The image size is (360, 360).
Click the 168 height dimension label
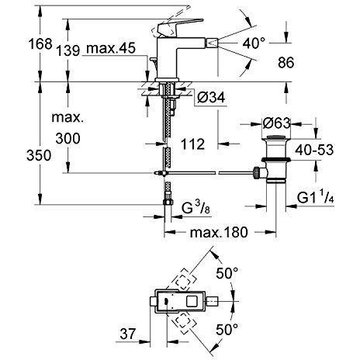click(40, 44)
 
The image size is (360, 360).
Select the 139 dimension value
click(68, 50)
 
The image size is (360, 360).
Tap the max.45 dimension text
click(111, 48)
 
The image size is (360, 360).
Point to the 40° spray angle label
click(254, 43)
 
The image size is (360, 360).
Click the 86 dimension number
click(286, 63)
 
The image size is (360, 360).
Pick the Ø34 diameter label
click(211, 98)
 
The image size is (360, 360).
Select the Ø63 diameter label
click(276, 123)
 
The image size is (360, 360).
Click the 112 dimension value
click(192, 144)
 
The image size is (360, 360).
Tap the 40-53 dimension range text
click(314, 150)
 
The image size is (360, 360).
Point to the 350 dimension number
click(39, 156)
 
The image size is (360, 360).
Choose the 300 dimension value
click(68, 139)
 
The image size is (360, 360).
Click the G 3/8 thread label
click(196, 207)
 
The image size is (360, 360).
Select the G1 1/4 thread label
click(316, 198)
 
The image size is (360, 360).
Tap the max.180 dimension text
click(219, 232)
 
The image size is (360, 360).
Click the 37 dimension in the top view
click(128, 334)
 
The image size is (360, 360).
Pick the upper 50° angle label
click(227, 273)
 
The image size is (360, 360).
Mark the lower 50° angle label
click(227, 329)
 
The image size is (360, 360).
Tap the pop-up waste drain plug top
click(276, 137)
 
